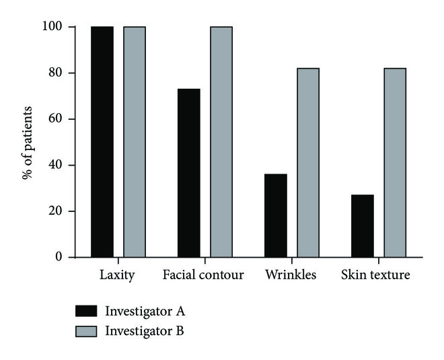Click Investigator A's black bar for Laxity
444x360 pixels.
[102, 142]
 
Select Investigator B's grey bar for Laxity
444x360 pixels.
[135, 142]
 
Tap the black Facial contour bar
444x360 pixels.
[189, 173]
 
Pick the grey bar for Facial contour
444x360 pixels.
[221, 142]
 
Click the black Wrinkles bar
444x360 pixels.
[276, 215]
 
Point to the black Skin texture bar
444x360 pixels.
[363, 226]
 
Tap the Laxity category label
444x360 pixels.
[118, 276]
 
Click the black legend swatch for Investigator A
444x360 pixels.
[87, 311]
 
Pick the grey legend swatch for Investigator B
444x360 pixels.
[87, 331]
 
